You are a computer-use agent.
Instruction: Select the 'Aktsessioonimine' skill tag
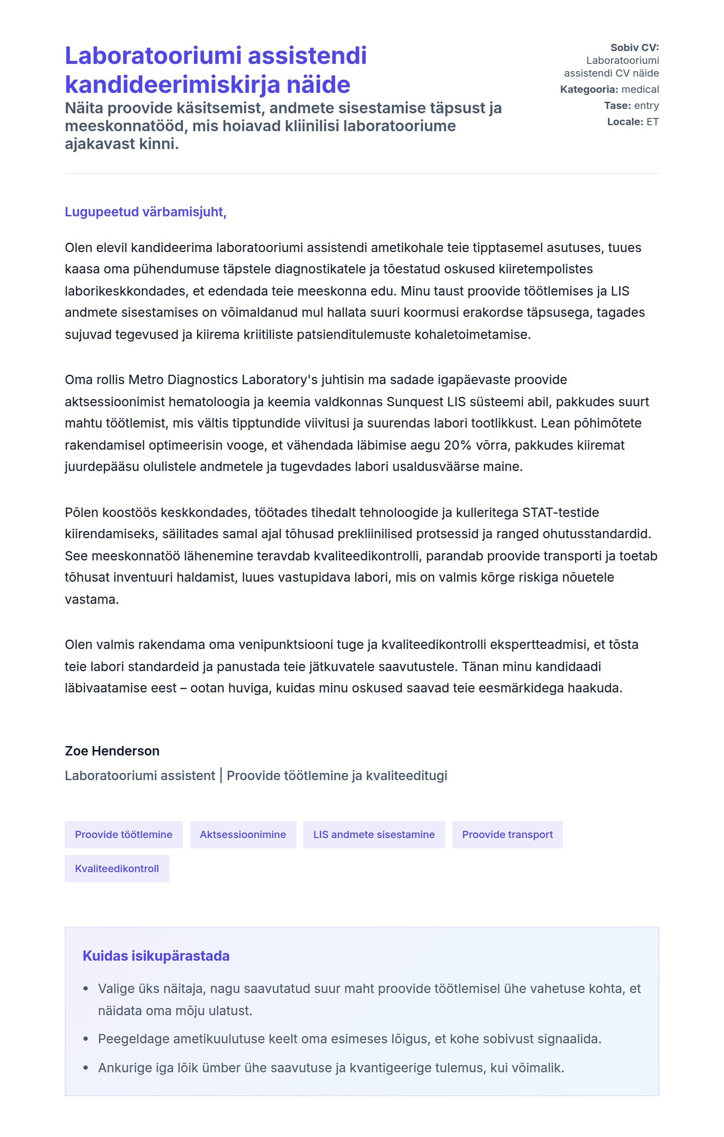point(243,834)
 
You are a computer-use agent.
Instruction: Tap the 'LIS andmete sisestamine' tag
point(373,834)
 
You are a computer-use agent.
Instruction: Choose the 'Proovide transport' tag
point(507,834)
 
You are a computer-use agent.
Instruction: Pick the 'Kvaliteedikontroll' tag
point(117,868)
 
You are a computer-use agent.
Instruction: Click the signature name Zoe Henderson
point(112,751)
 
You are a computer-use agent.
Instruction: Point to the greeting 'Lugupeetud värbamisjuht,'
point(146,212)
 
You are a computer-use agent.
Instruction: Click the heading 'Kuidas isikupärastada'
point(156,956)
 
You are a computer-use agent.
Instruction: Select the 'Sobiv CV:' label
point(634,48)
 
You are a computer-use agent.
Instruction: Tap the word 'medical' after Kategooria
point(640,89)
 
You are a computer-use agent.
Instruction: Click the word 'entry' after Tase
point(646,105)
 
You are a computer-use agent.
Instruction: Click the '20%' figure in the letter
point(458,445)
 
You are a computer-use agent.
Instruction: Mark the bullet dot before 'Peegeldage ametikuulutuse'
point(86,1039)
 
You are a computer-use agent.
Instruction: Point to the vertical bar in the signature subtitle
point(221,775)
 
